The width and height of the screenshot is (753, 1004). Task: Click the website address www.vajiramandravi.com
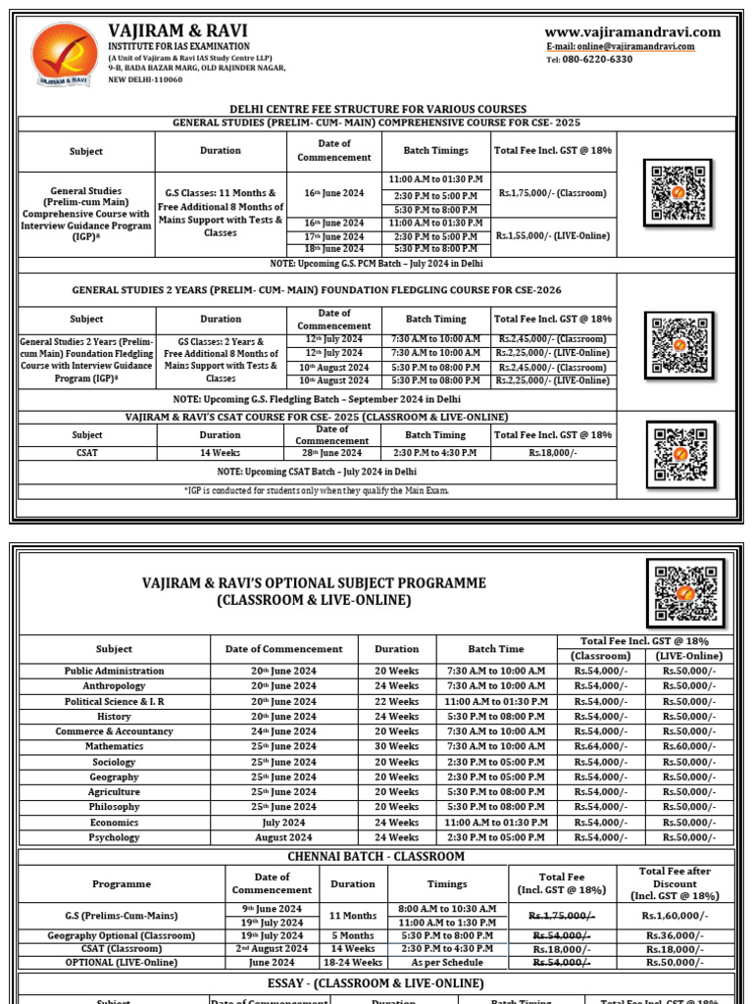click(x=632, y=31)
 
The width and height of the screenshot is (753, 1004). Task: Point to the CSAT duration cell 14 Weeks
click(x=220, y=452)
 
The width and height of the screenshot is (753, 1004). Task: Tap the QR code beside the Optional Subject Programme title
click(x=685, y=592)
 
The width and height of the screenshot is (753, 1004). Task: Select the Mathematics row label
click(x=114, y=746)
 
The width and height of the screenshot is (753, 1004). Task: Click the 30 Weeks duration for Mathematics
click(x=396, y=746)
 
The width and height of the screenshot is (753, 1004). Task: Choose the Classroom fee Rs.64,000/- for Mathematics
click(x=601, y=746)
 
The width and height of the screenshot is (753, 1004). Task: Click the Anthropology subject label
click(x=114, y=686)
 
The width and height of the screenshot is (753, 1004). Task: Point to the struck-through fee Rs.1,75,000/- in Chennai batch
click(x=562, y=916)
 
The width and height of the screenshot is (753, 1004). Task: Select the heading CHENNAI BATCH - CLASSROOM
click(x=376, y=856)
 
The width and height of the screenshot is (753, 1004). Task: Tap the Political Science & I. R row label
click(x=114, y=701)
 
